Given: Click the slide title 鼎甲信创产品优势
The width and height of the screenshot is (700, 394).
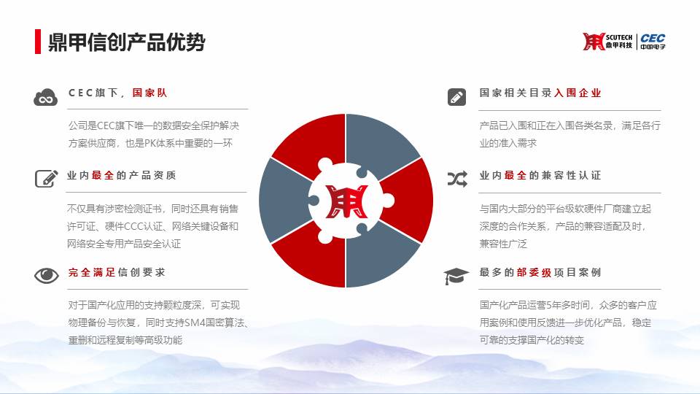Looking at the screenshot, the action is tap(126, 42).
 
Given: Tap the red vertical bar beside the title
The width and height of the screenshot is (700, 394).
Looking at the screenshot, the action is tap(38, 42).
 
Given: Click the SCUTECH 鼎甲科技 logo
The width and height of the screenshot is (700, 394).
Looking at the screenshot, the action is tap(607, 42).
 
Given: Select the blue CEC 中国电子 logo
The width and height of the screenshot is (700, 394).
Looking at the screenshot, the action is tap(653, 42).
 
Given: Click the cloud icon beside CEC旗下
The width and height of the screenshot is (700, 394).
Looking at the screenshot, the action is tap(45, 97).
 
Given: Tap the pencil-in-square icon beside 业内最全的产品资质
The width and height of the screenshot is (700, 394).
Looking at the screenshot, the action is tap(47, 178).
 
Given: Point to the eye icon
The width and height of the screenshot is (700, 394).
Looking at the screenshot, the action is tap(47, 275).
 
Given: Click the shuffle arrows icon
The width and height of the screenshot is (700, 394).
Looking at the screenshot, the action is tap(457, 179).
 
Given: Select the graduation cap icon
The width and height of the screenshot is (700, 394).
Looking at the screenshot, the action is tap(456, 276).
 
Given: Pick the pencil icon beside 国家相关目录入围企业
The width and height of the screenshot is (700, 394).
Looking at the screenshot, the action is tap(456, 97).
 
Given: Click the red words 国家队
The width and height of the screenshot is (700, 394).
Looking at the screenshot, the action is tap(149, 93).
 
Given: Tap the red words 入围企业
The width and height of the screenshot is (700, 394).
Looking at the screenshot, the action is tap(577, 93).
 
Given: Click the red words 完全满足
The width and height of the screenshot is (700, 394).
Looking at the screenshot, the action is tap(92, 272).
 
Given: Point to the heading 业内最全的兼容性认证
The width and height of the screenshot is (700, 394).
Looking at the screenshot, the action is tap(540, 176).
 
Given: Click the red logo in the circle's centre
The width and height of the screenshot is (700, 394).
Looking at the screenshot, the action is tap(346, 201).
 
